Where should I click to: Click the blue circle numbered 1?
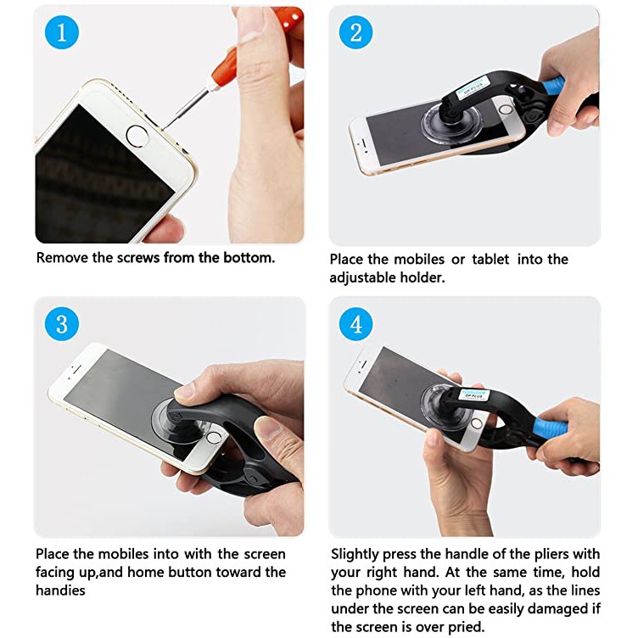pyautogui.click(x=62, y=32)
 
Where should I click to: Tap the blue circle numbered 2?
pyautogui.click(x=356, y=32)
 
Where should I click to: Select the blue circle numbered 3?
pyautogui.click(x=62, y=324)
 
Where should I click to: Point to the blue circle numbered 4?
pyautogui.click(x=356, y=324)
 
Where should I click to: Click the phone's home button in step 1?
pyautogui.click(x=137, y=136)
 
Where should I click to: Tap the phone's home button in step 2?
pyautogui.click(x=506, y=109)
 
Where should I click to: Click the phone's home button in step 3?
pyautogui.click(x=213, y=438)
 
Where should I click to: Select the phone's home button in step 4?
pyautogui.click(x=477, y=423)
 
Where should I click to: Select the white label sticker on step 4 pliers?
pyautogui.click(x=474, y=395)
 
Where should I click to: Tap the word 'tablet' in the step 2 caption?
pyautogui.click(x=490, y=260)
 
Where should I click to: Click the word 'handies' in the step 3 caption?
pyautogui.click(x=60, y=590)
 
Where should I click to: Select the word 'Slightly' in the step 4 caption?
pyautogui.click(x=355, y=555)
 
